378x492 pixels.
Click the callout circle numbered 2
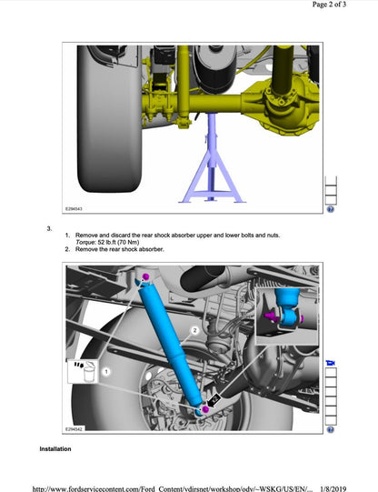[x=194, y=330]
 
